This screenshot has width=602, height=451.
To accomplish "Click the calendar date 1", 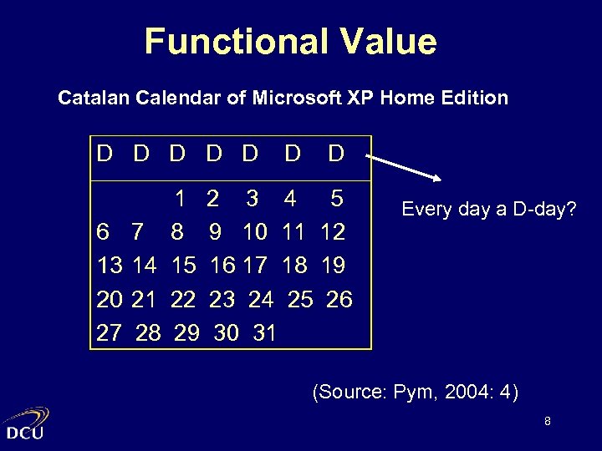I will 179,199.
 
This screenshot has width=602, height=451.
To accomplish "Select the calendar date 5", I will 336,199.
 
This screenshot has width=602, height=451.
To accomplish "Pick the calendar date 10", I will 255,231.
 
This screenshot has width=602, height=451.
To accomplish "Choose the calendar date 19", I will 334,265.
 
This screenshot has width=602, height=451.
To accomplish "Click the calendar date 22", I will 182,298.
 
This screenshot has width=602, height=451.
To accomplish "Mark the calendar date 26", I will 339,298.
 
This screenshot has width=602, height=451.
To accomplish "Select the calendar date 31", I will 264,332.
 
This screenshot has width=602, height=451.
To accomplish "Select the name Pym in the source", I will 418,390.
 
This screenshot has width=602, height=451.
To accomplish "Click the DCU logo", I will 26,423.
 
